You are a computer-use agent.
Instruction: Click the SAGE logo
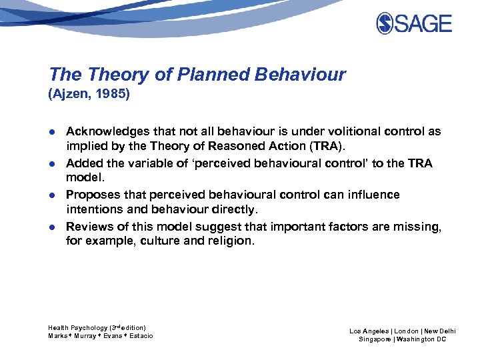(413, 23)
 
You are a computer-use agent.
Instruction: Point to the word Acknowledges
(103, 132)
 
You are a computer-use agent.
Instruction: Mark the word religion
(227, 241)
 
